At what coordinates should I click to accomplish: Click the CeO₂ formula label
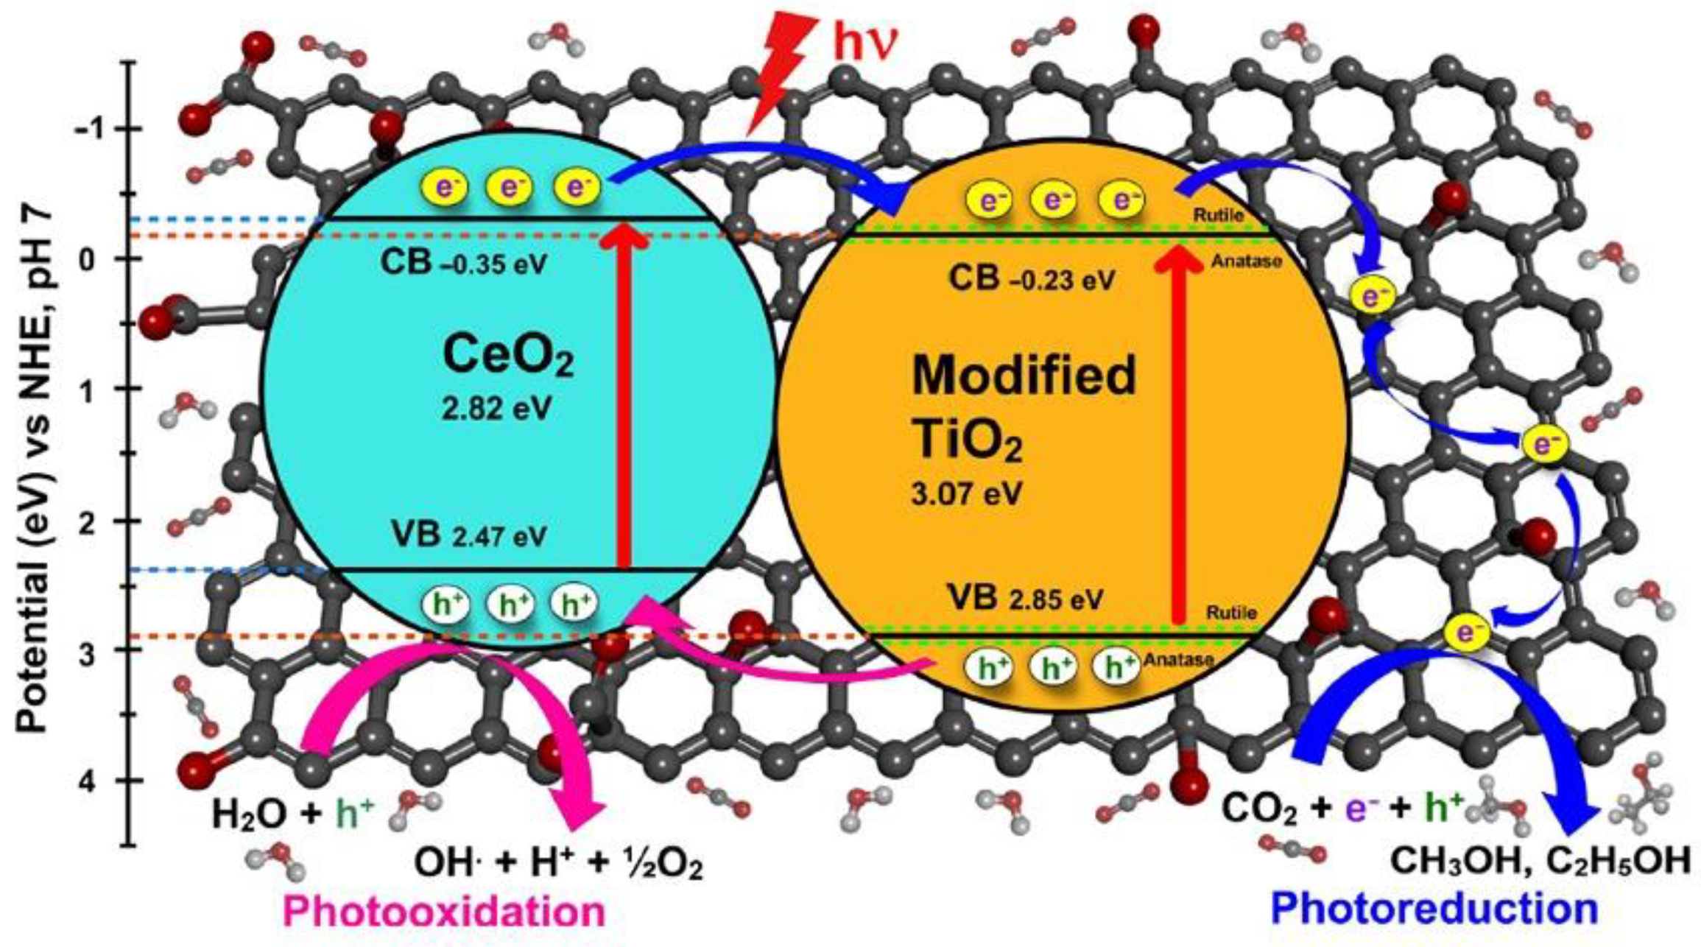point(507,356)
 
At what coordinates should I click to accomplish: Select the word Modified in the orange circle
point(1024,376)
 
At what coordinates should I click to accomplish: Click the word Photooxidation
point(444,912)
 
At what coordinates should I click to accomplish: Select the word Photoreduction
point(1434,909)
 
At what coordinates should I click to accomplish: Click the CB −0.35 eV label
point(464,264)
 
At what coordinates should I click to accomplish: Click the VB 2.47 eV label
point(469,536)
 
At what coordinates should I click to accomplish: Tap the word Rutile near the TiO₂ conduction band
point(1218,216)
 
